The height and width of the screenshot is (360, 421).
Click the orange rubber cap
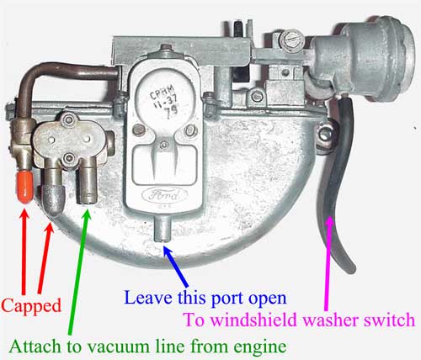pos(25,187)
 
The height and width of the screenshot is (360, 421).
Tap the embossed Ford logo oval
pos(165,195)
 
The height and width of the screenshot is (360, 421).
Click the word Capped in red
pos(31,305)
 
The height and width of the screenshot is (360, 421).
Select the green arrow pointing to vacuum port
pos(79,272)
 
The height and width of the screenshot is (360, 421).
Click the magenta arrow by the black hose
pos(328,263)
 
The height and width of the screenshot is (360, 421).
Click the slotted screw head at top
pos(292,40)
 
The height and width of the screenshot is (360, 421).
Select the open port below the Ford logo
pos(163,229)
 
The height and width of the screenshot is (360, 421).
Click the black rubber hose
pos(337,179)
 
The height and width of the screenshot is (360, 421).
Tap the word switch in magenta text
pos(390,320)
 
